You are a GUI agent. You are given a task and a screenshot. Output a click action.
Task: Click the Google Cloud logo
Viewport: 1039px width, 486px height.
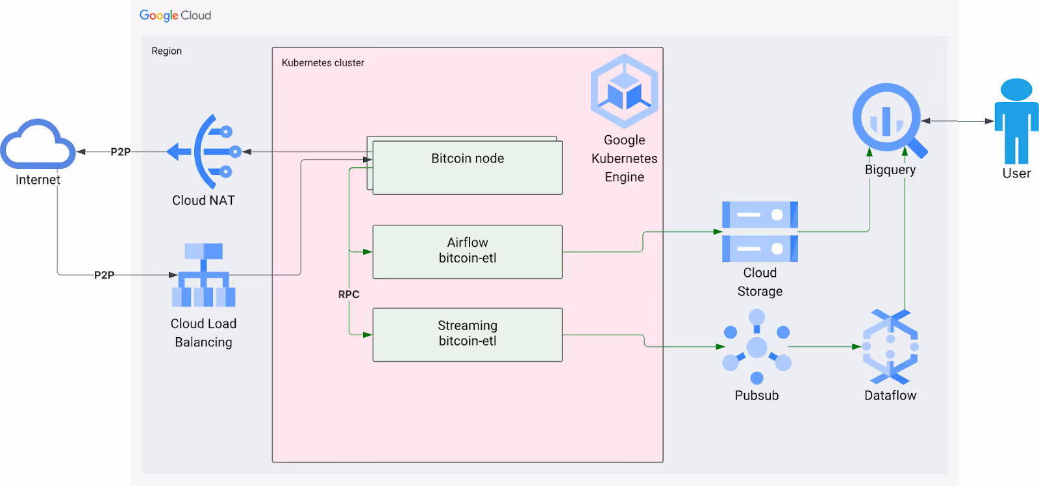pos(175,16)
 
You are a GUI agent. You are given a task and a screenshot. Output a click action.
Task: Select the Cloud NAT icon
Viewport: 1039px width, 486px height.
pos(204,151)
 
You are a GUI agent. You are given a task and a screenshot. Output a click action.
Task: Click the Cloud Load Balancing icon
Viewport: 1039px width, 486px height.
pos(204,275)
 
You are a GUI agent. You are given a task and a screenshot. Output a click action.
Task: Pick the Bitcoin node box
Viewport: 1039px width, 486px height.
pos(468,167)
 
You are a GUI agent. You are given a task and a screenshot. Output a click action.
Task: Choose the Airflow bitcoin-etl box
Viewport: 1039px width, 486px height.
pos(468,251)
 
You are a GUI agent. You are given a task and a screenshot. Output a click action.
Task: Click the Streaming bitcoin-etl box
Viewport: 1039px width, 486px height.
pos(468,335)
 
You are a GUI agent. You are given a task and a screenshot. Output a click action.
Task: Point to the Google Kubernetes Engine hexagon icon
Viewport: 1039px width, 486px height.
pos(624,91)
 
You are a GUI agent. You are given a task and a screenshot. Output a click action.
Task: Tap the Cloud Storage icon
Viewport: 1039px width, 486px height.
pos(760,231)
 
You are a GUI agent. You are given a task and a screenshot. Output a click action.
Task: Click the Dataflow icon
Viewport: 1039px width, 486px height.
pos(890,347)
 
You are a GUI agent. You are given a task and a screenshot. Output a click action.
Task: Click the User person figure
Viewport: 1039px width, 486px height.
pos(1016,121)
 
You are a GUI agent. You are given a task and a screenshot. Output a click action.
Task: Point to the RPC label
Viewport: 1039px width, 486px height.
pos(349,294)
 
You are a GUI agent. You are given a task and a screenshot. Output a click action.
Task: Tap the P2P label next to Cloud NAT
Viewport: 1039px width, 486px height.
pos(121,152)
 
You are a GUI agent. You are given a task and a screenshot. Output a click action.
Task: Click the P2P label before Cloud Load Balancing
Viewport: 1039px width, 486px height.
pos(105,275)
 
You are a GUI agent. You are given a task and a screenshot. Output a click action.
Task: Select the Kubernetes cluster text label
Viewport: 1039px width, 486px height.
pos(323,62)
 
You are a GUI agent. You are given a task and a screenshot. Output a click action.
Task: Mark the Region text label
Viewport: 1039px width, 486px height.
pos(166,51)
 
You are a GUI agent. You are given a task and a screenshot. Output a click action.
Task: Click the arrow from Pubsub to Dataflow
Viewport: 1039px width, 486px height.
pos(825,347)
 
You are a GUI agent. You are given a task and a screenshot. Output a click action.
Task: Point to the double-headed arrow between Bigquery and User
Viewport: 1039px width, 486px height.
pos(957,121)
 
